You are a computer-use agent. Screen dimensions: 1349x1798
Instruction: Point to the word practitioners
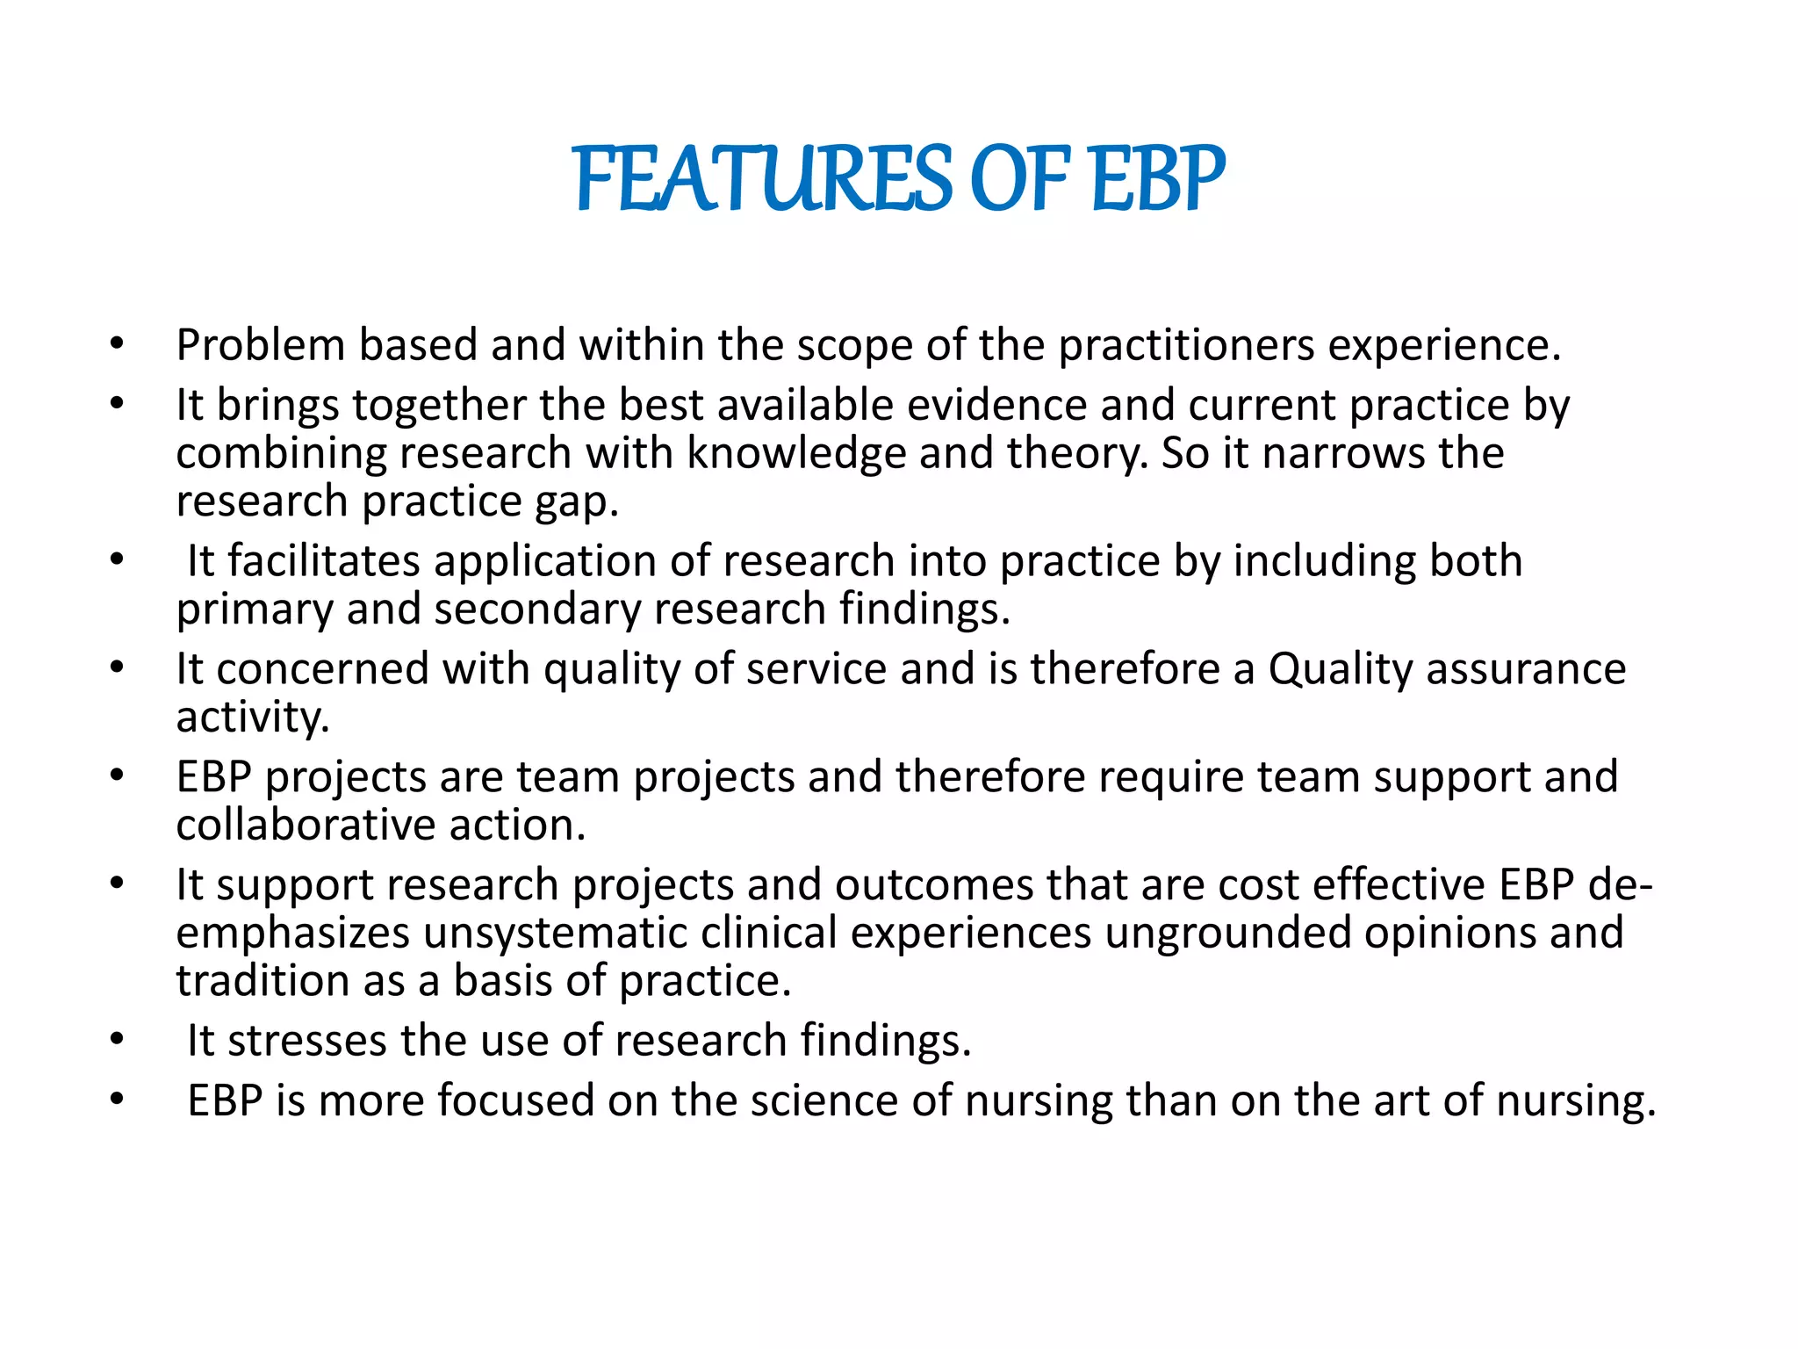[1186, 344]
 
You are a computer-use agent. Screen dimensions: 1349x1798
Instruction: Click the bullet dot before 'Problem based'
[117, 344]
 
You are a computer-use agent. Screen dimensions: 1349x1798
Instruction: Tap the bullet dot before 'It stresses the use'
[117, 1041]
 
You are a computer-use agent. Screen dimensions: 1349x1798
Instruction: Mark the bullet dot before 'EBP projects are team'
[117, 776]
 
